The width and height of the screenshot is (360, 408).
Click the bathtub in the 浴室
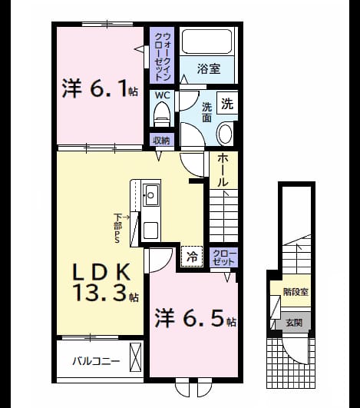point(206,41)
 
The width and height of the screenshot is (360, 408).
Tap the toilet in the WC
point(162,114)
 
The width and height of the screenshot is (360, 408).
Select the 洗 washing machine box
point(227,104)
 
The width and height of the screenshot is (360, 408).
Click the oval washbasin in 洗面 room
point(225,134)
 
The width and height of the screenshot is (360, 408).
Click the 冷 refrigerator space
point(192,257)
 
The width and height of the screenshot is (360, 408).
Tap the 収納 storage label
point(162,141)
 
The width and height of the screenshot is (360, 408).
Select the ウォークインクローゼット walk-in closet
point(162,55)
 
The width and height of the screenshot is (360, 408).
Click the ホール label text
point(223,170)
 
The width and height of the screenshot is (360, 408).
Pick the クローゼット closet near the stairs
point(224,257)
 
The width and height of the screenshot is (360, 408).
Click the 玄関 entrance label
point(294,323)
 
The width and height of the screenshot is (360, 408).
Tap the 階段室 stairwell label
point(296,292)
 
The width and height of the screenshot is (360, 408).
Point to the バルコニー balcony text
point(96,361)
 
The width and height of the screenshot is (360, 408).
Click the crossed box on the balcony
point(135,357)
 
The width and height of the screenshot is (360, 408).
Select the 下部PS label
point(118,228)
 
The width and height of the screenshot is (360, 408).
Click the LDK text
point(101,272)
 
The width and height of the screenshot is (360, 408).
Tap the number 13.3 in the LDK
point(101,293)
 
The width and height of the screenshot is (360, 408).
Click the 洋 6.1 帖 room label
point(100,88)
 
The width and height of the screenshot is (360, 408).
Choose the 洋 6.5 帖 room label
point(195,318)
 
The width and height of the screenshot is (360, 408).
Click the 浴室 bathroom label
point(209,68)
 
